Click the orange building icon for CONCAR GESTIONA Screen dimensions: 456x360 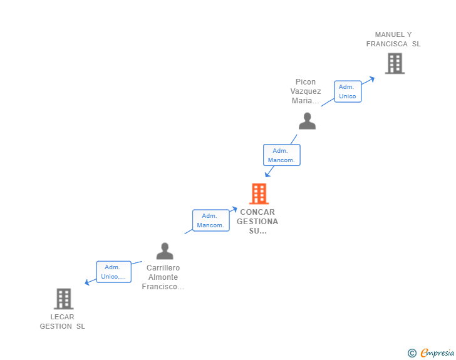tap(259, 193)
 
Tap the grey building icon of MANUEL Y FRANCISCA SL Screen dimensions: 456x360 tap(395, 63)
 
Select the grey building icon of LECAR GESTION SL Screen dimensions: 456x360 tap(64, 299)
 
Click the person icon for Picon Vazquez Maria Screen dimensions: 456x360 tap(307, 121)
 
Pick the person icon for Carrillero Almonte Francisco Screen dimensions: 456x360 tap(165, 251)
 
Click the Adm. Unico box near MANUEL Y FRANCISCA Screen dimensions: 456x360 tap(348, 91)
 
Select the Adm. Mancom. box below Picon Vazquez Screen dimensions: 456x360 tap(281, 155)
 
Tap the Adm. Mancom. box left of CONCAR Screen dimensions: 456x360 tap(211, 220)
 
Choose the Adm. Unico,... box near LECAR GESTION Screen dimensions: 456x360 tap(114, 272)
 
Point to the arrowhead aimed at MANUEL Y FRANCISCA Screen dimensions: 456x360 tap(372, 79)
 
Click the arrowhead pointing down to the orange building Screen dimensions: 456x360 tap(267, 175)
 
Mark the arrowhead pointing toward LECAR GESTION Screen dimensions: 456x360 tap(87, 282)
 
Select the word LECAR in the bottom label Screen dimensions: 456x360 tap(62, 317)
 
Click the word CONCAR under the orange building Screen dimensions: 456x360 tap(257, 212)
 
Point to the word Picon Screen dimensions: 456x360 tap(306, 82)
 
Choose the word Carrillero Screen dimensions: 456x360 tap(163, 268)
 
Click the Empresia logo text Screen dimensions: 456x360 tap(437, 352)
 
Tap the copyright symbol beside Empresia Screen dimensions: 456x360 tap(412, 353)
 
